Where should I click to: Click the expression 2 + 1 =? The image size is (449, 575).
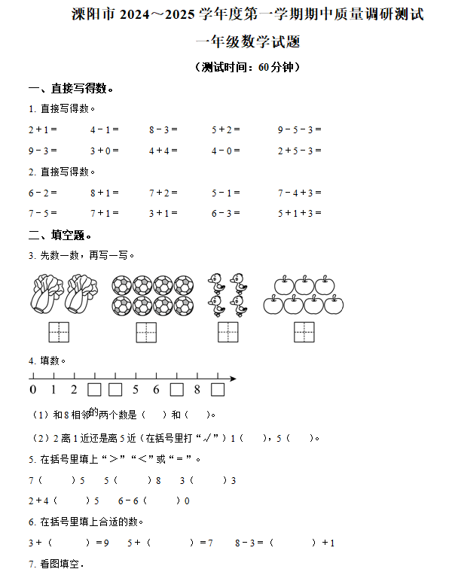click(x=42, y=129)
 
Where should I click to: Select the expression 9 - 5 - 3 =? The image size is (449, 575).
click(x=299, y=129)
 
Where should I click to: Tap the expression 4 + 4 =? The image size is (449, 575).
click(x=163, y=151)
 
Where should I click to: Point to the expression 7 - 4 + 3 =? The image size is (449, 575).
click(x=299, y=193)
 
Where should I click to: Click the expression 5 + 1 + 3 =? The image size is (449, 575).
click(x=299, y=213)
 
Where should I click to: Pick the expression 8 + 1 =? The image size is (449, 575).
click(x=104, y=193)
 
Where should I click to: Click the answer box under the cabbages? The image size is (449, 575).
click(x=58, y=331)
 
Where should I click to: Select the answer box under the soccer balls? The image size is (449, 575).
click(x=146, y=331)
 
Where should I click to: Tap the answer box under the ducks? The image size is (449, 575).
click(x=228, y=331)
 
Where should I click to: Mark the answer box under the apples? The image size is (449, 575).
click(x=304, y=331)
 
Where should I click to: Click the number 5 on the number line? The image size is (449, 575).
click(x=136, y=390)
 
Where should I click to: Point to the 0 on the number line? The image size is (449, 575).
click(x=32, y=390)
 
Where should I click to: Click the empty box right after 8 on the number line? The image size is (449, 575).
click(x=217, y=390)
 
